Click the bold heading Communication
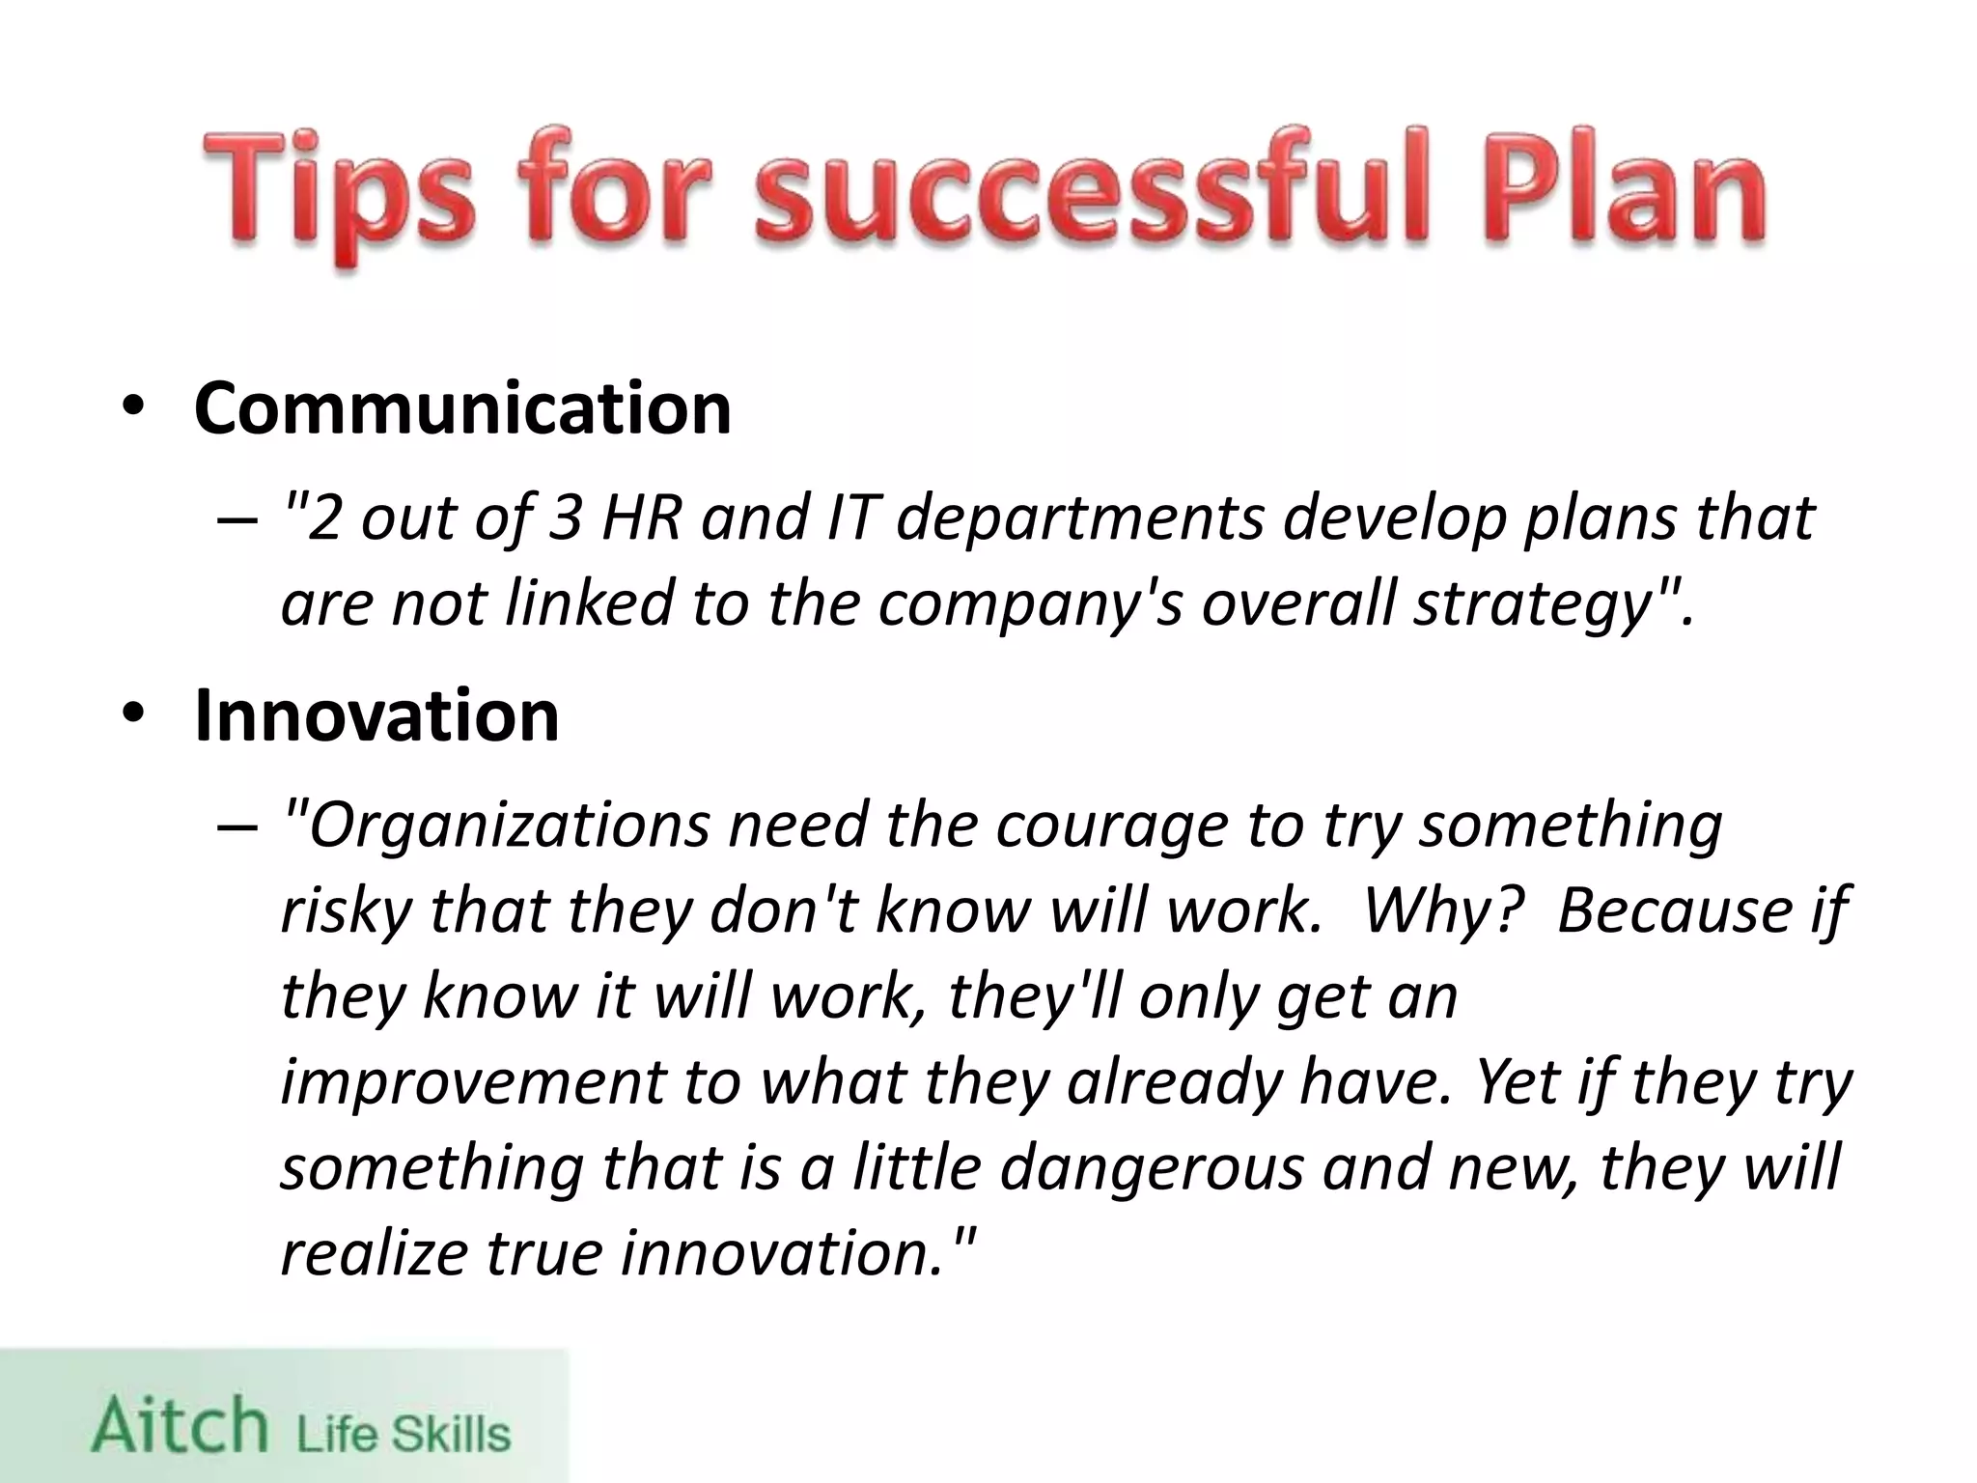point(462,408)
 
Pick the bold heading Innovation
point(376,715)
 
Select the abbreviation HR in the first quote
point(640,518)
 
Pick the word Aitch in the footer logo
point(180,1426)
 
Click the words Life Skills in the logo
point(403,1433)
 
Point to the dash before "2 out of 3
point(237,521)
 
